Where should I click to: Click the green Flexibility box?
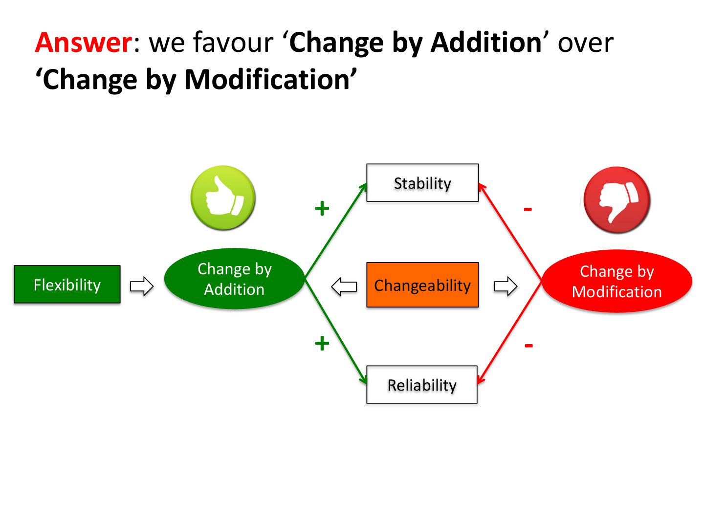click(67, 285)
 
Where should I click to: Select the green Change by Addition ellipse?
click(234, 279)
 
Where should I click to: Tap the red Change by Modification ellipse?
click(616, 281)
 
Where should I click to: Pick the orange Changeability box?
click(422, 285)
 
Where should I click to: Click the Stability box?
click(422, 183)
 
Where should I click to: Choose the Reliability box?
click(422, 385)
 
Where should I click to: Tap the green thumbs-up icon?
click(223, 198)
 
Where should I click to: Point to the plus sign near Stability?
click(322, 209)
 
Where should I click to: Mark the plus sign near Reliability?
click(322, 343)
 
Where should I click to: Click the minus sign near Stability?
click(528, 210)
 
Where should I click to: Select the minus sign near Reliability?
click(528, 346)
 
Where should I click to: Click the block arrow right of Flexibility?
click(142, 286)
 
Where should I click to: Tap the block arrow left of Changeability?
click(344, 286)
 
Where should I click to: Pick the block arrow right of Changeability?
click(506, 286)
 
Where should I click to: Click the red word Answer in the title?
click(84, 43)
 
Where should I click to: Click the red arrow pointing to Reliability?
click(509, 332)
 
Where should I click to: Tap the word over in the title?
click(585, 43)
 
